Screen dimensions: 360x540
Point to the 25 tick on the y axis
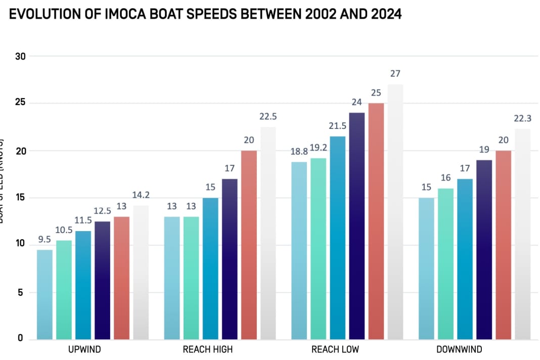[x=20, y=103]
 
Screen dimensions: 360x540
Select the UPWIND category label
[x=84, y=349]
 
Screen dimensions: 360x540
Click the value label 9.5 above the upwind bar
[x=45, y=240]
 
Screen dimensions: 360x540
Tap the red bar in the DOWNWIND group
[x=503, y=245]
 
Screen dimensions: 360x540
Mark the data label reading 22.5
[x=267, y=117]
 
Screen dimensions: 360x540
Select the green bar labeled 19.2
[x=318, y=248]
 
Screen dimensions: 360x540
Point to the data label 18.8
[x=299, y=152]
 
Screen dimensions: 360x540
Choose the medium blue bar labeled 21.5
[x=337, y=238]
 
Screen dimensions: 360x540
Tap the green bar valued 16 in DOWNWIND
[x=445, y=263]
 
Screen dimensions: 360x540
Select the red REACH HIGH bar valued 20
[x=248, y=245]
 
